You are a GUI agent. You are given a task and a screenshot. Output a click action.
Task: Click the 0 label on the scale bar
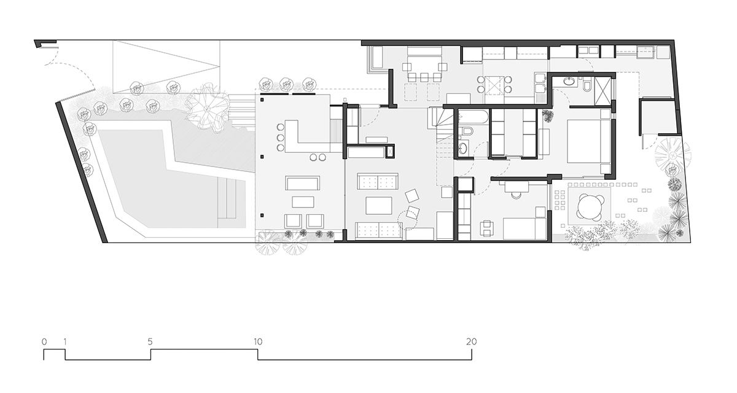click(44, 341)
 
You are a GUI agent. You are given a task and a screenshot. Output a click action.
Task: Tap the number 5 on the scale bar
click(150, 341)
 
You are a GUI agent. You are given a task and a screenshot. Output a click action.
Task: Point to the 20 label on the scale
click(471, 341)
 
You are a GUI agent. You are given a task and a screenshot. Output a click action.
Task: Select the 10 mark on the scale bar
click(257, 341)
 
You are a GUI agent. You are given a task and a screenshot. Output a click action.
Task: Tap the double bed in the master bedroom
click(587, 141)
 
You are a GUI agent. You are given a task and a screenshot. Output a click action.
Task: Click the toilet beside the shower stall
click(586, 85)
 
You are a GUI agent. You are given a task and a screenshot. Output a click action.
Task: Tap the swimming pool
click(166, 178)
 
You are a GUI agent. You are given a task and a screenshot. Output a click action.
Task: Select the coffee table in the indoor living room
click(379, 204)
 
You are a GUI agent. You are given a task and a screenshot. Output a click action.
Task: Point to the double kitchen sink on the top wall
click(590, 51)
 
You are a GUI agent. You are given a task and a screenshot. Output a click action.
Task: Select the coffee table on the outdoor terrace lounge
click(302, 202)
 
